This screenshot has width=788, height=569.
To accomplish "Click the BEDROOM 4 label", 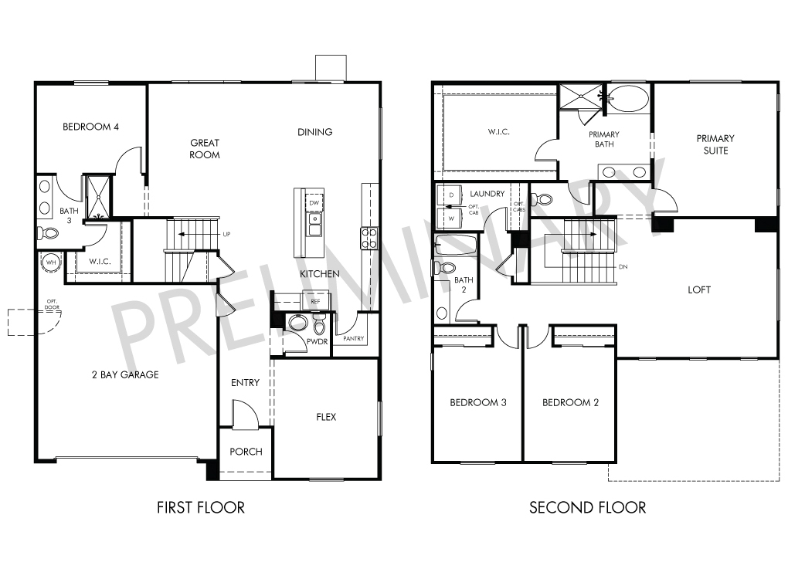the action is pyautogui.click(x=90, y=127).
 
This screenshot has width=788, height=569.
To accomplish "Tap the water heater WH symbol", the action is pyautogui.click(x=51, y=262).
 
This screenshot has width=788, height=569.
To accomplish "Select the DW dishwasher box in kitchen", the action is pyautogui.click(x=314, y=203).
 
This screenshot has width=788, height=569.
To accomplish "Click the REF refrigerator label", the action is pyautogui.click(x=315, y=301).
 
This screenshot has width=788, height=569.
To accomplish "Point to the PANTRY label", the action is pyautogui.click(x=353, y=338).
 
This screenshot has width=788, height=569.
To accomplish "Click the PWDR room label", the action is pyautogui.click(x=317, y=341).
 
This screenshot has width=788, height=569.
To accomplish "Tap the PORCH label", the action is pyautogui.click(x=246, y=452).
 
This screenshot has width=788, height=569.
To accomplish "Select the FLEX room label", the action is pyautogui.click(x=326, y=417).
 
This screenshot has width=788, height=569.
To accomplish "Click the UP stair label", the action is pyautogui.click(x=226, y=234).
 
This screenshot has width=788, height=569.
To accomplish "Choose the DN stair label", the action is pyautogui.click(x=623, y=266).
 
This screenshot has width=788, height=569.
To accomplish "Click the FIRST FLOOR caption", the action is pyautogui.click(x=201, y=507).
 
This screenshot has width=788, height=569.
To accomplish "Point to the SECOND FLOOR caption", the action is pyautogui.click(x=587, y=507).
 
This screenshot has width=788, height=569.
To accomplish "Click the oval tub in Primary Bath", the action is pyautogui.click(x=628, y=98).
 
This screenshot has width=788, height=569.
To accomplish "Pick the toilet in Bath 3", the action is pyautogui.click(x=48, y=233).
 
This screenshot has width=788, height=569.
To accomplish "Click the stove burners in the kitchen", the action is pyautogui.click(x=369, y=238).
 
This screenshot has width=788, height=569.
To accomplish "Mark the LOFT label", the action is pyautogui.click(x=699, y=290).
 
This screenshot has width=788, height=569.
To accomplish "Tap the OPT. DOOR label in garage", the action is pyautogui.click(x=52, y=304).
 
